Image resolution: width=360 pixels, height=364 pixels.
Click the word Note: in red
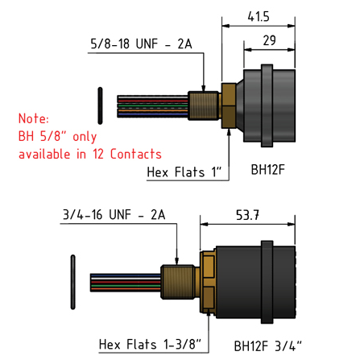pos(34,118)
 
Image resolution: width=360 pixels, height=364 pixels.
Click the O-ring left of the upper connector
pos(98,102)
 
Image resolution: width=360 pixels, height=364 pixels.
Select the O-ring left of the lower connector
pos(72,280)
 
